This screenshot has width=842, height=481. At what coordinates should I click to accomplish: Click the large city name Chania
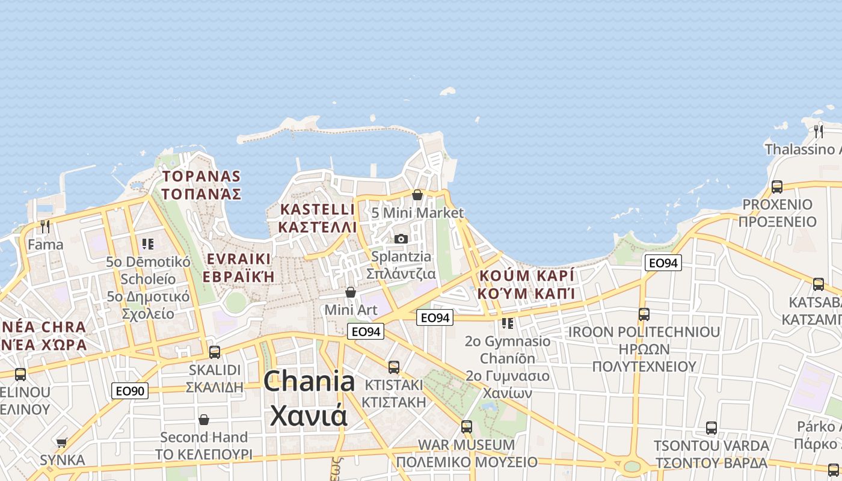tap(309, 381)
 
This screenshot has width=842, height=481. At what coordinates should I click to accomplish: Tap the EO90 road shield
tap(130, 391)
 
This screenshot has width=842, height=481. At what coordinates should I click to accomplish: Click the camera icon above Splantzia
tap(401, 239)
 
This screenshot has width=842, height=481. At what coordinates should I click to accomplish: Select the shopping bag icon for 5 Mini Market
tap(417, 195)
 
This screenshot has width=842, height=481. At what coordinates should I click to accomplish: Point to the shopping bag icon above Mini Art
tap(351, 292)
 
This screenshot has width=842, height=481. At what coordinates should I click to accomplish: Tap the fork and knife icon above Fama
tap(45, 227)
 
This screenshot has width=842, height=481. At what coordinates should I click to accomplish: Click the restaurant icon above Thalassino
tap(818, 130)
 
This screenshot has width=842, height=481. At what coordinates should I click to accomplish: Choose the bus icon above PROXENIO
tap(777, 187)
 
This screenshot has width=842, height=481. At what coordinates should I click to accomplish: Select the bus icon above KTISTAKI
tap(394, 367)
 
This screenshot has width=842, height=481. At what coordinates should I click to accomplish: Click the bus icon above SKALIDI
tap(215, 352)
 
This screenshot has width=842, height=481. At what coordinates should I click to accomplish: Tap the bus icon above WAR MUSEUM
tap(466, 427)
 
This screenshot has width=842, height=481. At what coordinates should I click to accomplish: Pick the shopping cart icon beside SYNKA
tap(61, 443)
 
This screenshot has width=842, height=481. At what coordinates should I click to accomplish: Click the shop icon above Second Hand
tap(204, 419)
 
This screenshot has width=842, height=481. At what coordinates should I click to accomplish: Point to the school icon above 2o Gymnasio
tap(508, 323)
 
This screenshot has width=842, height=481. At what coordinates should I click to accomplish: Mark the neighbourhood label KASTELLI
tap(318, 209)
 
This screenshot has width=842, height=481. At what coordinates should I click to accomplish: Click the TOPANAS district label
tap(201, 177)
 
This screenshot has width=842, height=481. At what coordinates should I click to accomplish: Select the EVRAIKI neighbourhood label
tap(238, 259)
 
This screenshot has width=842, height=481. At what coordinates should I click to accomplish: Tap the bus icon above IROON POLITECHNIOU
tap(644, 314)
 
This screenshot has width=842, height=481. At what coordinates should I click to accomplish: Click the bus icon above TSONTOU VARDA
tap(711, 428)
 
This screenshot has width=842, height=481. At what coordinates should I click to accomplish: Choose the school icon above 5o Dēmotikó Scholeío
tap(148, 244)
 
